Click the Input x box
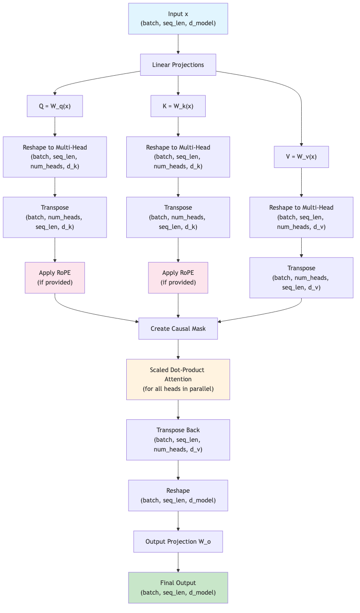point(178,19)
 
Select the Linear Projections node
point(178,65)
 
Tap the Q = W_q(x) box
point(55,106)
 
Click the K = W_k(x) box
point(178,106)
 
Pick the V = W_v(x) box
point(301,157)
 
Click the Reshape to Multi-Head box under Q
point(55,157)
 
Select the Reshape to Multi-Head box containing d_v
point(301,217)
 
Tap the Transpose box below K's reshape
point(178,217)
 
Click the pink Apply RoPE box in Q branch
point(55,278)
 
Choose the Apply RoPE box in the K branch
point(178,278)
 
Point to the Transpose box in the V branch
point(301,278)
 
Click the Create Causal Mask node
point(178,329)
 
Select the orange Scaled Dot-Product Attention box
point(178,379)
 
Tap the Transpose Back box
point(178,440)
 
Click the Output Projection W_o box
point(178,541)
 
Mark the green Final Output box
point(178,587)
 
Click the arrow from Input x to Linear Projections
point(178,44)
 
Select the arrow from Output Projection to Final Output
point(178,562)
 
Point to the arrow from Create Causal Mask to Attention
point(178,349)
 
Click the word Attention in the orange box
point(178,379)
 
